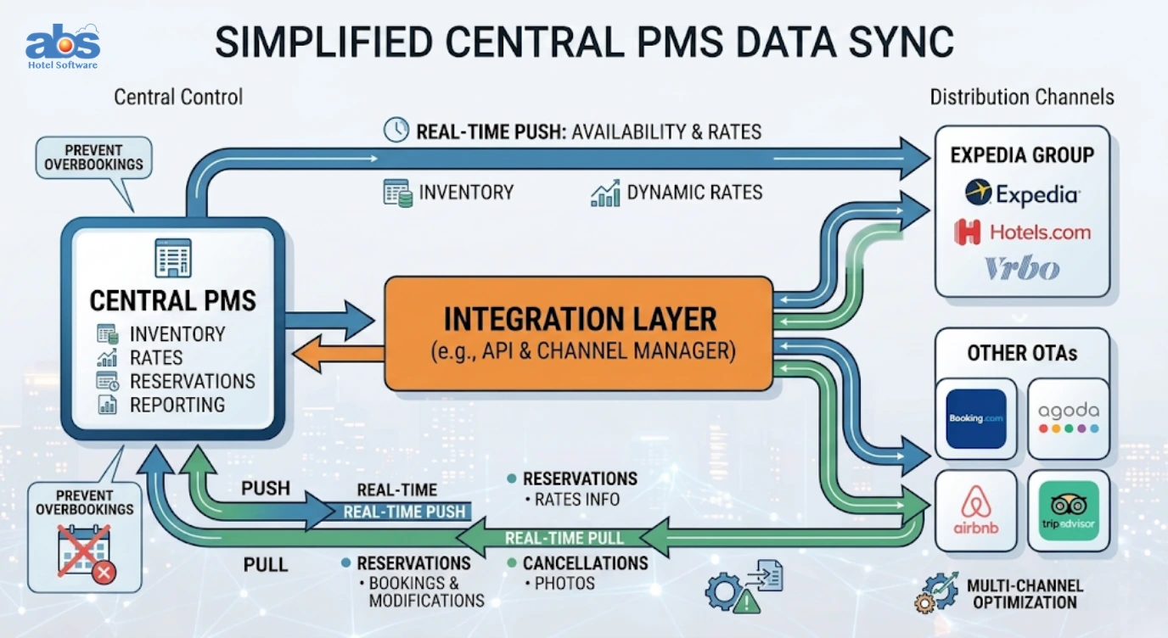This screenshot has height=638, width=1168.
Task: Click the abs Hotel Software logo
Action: point(63,46)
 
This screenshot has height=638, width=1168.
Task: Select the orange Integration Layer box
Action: point(579,333)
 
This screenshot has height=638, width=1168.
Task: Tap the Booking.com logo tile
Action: point(975,418)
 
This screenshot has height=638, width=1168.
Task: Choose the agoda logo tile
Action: point(1069,418)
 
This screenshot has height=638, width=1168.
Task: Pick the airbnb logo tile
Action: point(975,510)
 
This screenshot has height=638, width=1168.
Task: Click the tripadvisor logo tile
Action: point(1069,510)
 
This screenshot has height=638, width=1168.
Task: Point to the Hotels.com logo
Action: point(1023,232)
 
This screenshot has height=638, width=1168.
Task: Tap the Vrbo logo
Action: point(1022,268)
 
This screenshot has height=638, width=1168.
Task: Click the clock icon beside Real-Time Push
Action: point(396,130)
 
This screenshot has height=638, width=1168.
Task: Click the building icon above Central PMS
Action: point(173,258)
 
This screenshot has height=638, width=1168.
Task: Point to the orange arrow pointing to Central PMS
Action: point(339,354)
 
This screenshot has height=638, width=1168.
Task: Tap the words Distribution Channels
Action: point(1022,98)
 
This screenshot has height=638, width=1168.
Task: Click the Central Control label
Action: point(178,97)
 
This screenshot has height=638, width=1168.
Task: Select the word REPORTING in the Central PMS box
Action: point(177,405)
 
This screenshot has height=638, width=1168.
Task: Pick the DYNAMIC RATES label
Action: point(694,193)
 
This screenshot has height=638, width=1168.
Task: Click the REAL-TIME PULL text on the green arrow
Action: point(564,538)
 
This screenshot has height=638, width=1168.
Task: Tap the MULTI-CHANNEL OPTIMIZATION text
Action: point(1025,594)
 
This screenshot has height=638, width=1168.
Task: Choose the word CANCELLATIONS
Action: point(586,563)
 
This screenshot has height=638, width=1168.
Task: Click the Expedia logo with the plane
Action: point(1023,193)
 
